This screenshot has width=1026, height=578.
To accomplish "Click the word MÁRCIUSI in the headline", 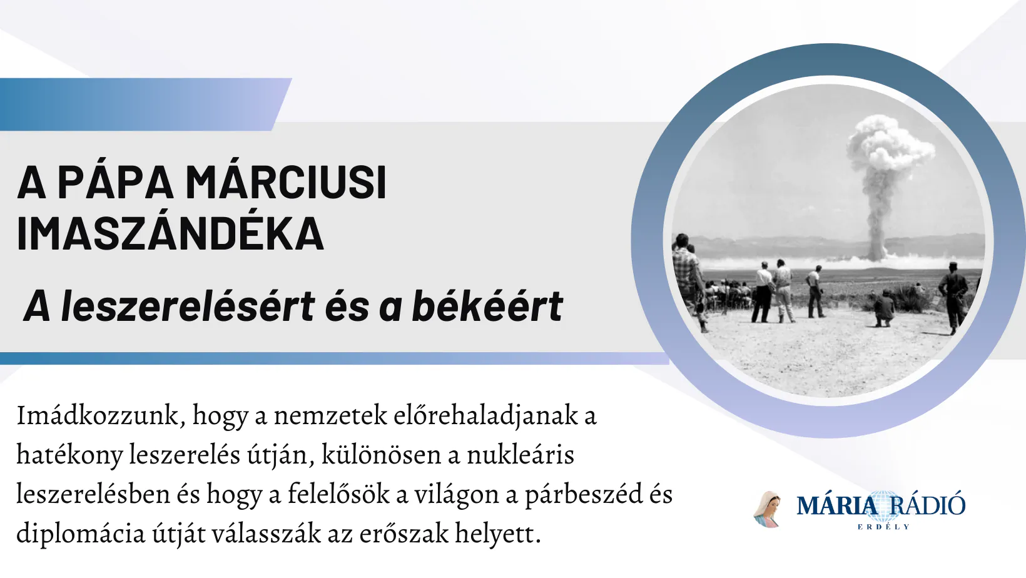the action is pos(286,181).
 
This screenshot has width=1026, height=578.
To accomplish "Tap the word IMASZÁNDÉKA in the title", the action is pos(170,233).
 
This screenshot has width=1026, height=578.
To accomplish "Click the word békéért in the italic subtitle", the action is pos(487,306).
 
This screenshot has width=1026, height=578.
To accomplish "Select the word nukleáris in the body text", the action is pos(521,455).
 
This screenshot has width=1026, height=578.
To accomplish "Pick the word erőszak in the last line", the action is pos(404,534).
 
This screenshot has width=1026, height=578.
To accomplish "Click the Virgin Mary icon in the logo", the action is pos(768,509).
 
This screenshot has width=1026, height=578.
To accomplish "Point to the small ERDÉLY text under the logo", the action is pos(883,527).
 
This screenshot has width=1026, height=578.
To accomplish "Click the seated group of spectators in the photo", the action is pos(728,293).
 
